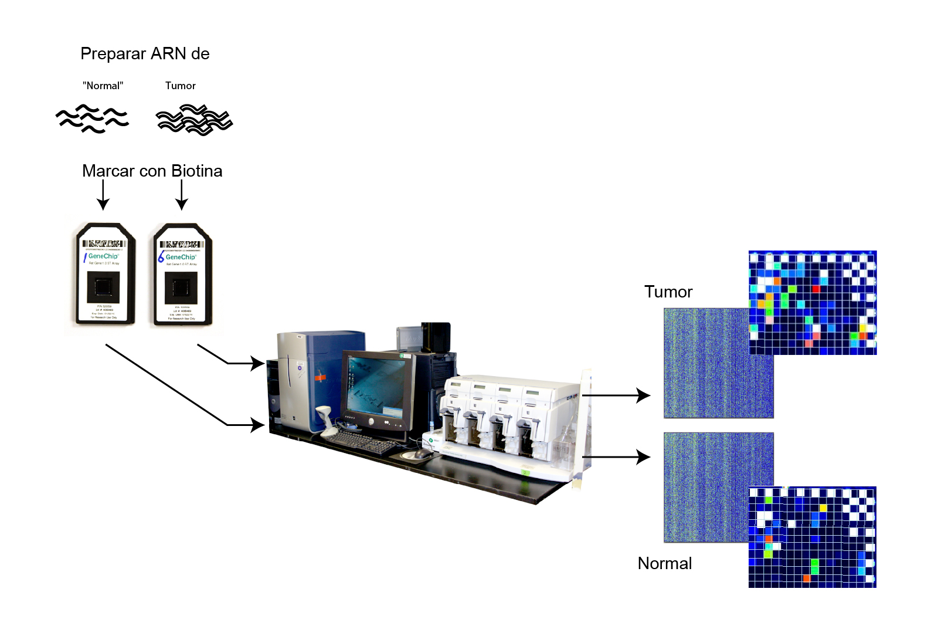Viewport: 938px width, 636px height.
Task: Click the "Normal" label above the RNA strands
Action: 103,86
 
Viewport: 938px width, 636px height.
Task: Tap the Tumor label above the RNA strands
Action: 180,86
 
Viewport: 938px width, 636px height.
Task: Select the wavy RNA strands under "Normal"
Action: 92,119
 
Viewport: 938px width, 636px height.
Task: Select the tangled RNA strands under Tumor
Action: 194,120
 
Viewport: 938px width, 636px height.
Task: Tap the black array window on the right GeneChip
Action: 181,287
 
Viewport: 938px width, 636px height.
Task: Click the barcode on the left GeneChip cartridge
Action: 104,243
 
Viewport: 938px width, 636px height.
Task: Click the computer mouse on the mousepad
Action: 423,454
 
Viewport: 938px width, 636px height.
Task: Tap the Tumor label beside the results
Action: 668,292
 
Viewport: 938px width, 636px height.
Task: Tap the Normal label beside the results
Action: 665,563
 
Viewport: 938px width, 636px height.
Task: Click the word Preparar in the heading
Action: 113,54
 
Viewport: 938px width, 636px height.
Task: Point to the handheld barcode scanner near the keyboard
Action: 325,420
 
